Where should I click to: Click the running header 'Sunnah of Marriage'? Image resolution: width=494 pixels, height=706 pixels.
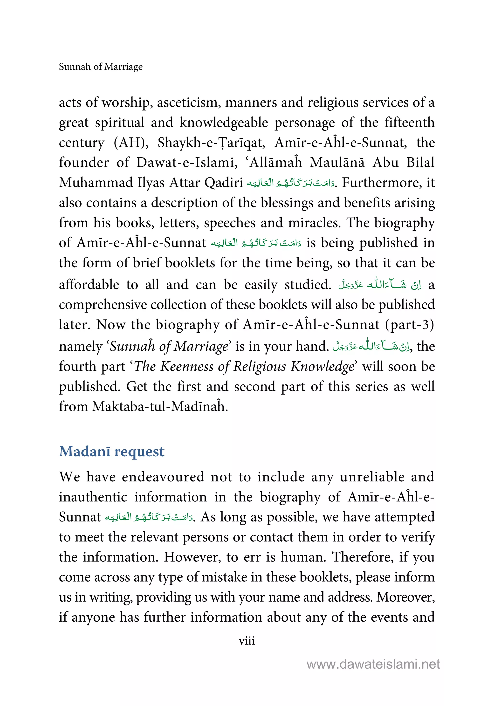pyautogui.click(x=101, y=67)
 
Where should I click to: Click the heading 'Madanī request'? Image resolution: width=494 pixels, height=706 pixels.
pyautogui.click(x=112, y=452)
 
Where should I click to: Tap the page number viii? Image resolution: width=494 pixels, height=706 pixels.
pyautogui.click(x=247, y=641)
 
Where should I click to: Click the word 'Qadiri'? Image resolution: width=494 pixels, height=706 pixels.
pyautogui.click(x=224, y=183)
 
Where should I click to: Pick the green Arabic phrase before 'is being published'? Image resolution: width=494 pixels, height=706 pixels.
pyautogui.click(x=256, y=243)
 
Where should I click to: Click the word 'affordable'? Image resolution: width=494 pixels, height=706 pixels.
pyautogui.click(x=89, y=285)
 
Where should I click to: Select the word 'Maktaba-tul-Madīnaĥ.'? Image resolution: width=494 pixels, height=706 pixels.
pyautogui.click(x=160, y=407)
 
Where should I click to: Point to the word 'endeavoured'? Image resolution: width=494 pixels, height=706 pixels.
pyautogui.click(x=163, y=477)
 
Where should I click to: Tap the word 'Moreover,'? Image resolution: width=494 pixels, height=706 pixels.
pyautogui.click(x=405, y=597)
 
